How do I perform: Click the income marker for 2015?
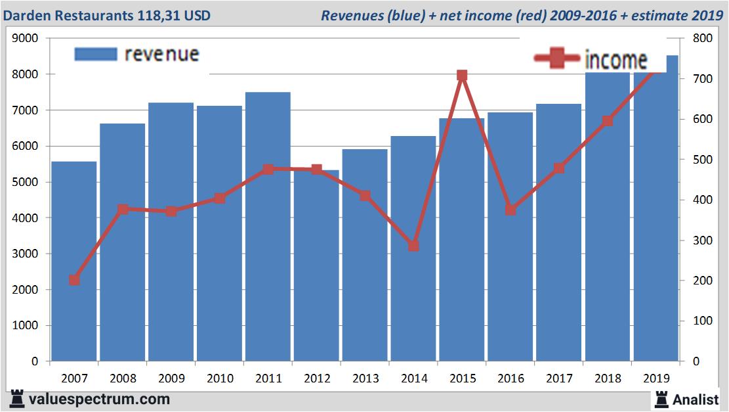(462, 76)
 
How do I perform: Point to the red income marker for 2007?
(74, 280)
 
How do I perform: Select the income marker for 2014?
(413, 246)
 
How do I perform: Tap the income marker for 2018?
(608, 121)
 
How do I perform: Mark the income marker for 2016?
(510, 210)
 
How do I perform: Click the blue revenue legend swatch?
(96, 54)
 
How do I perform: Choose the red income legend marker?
(558, 58)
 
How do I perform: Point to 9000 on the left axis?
(26, 38)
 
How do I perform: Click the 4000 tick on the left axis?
(26, 217)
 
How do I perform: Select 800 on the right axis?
(697, 38)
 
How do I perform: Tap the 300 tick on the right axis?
(697, 240)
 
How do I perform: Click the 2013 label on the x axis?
(365, 378)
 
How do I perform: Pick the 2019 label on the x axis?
(656, 378)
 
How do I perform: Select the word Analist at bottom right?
(695, 399)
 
